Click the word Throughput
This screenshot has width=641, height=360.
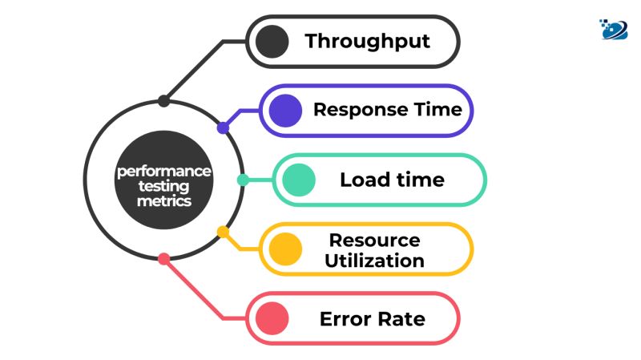[367, 42]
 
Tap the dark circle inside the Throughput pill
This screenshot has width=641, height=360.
[274, 42]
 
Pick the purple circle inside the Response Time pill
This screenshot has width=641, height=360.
[286, 111]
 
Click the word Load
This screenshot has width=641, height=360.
[366, 180]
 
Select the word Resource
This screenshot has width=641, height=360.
[374, 240]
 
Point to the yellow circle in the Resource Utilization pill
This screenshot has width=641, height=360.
[286, 249]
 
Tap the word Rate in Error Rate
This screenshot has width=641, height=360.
[403, 319]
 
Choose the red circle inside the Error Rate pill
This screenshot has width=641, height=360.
[274, 319]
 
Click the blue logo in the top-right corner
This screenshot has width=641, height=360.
[614, 28]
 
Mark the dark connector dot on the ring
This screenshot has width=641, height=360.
[163, 101]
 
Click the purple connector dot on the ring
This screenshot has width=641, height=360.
[224, 127]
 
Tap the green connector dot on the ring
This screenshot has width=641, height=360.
[243, 180]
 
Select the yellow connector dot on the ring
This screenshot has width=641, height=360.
[224, 232]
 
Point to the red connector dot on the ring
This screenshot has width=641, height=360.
[163, 259]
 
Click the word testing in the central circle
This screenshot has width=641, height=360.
[163, 186]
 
